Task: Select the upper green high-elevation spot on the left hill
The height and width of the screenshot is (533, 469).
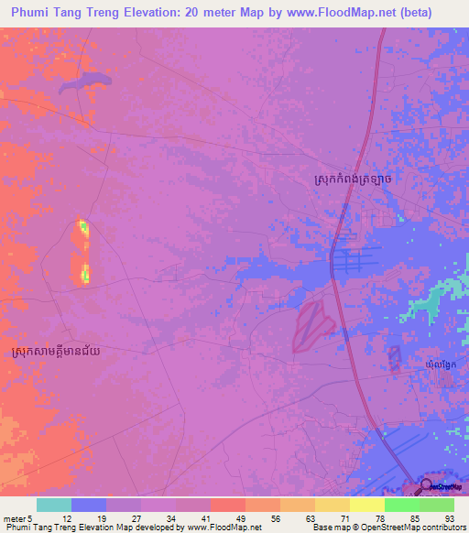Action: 83,226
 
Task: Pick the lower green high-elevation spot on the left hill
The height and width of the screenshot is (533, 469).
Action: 85,272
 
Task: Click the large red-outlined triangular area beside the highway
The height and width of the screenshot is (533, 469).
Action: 312,325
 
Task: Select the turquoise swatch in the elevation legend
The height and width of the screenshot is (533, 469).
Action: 54,505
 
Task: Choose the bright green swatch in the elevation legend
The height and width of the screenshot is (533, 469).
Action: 401,505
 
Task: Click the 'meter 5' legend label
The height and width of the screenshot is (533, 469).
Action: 17,517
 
